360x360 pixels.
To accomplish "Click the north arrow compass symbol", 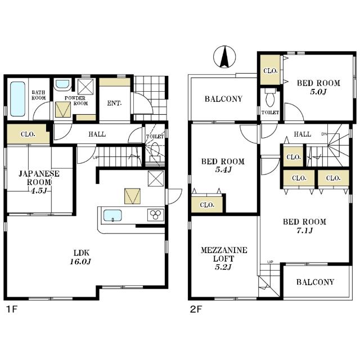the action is pyautogui.click(x=224, y=57).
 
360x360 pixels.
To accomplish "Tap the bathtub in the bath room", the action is pyautogui.click(x=17, y=99).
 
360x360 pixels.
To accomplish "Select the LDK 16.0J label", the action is pyautogui.click(x=81, y=257).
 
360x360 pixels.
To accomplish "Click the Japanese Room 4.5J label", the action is pyautogui.click(x=39, y=182).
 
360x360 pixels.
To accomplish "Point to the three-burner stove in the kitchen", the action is pyautogui.click(x=156, y=215).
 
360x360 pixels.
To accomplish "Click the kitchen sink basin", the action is pyautogui.click(x=112, y=215).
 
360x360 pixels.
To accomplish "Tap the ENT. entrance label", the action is pyautogui.click(x=114, y=103).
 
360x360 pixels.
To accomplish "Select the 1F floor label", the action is pyautogui.click(x=11, y=309).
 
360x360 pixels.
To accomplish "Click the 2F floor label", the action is pyautogui.click(x=196, y=309).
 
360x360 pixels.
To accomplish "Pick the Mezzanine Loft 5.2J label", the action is pyautogui.click(x=224, y=258).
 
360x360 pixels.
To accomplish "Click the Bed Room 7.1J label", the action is pyautogui.click(x=304, y=226).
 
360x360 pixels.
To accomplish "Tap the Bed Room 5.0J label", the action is pyautogui.click(x=318, y=87).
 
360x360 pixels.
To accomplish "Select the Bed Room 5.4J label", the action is pyautogui.click(x=223, y=165).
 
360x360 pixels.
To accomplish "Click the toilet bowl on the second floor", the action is pyautogui.click(x=270, y=99).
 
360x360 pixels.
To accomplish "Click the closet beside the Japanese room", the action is pyautogui.click(x=28, y=134).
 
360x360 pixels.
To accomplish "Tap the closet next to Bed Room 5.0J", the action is pyautogui.click(x=270, y=70).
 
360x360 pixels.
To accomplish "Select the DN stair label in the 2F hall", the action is pyautogui.click(x=324, y=134).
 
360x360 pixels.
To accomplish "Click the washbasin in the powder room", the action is pyautogui.click(x=62, y=84).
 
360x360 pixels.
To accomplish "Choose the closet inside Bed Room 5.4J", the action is pyautogui.click(x=207, y=204).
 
